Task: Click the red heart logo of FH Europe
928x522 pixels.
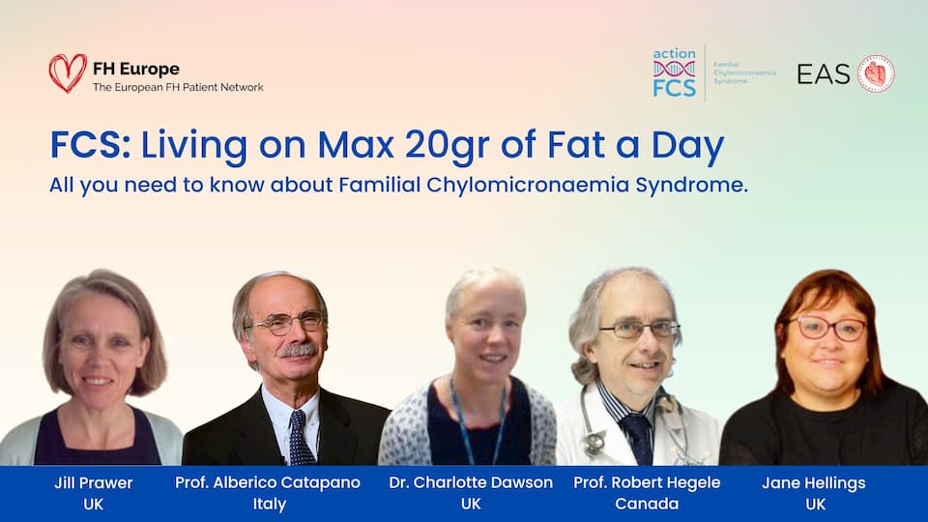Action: (x=68, y=72)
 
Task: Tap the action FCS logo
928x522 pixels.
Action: (x=674, y=72)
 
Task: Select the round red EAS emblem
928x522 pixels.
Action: (x=877, y=74)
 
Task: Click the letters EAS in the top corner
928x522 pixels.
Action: (x=824, y=74)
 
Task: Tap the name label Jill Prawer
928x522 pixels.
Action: (x=94, y=483)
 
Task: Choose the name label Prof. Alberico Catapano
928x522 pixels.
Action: (x=268, y=483)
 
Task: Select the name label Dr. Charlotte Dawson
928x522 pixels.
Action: (x=471, y=483)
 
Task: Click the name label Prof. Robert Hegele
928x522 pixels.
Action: (x=647, y=483)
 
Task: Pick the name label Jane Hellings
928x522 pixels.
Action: (x=814, y=483)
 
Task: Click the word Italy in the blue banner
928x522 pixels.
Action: (x=270, y=505)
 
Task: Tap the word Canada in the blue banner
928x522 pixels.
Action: (x=647, y=505)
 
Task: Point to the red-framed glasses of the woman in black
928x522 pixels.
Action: (x=829, y=329)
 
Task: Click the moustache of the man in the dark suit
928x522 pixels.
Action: (x=298, y=350)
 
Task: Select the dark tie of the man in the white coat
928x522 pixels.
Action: (x=637, y=437)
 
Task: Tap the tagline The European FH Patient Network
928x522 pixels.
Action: (x=178, y=87)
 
